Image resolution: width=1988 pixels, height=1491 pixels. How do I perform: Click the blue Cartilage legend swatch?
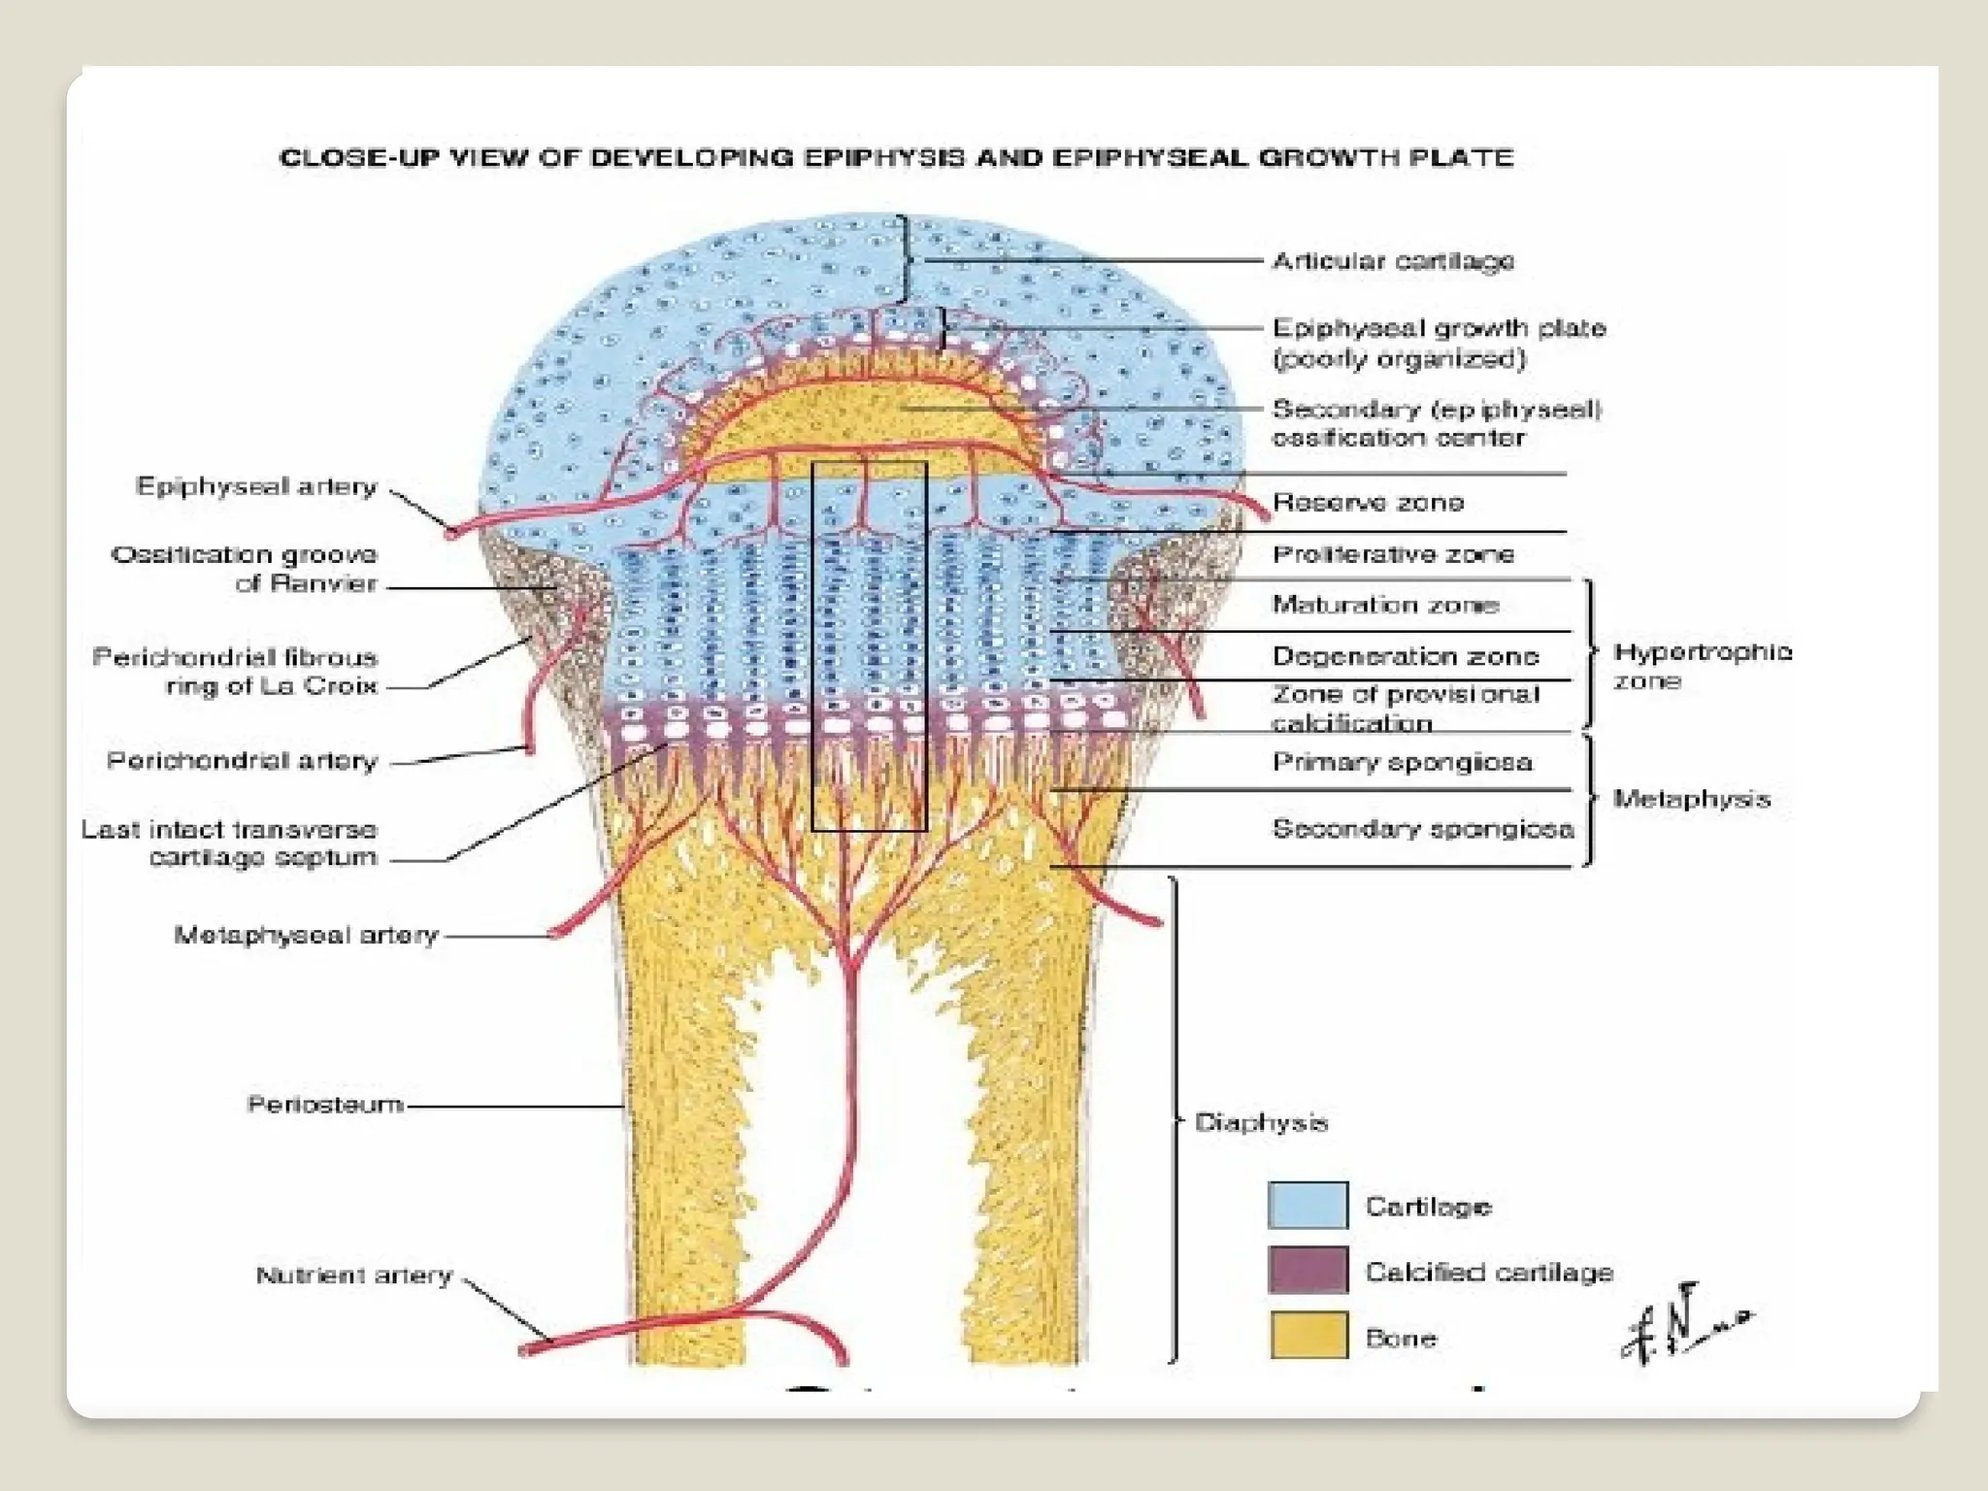coord(1308,1205)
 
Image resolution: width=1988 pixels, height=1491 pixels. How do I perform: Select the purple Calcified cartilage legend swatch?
coord(1308,1270)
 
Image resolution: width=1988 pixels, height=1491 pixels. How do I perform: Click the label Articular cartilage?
coord(1393,261)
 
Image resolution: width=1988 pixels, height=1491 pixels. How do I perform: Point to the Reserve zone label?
coord(1368,502)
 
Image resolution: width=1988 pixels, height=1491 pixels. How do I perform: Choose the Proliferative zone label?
coord(1393,554)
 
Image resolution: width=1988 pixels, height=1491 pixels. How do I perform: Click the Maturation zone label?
coord(1385,605)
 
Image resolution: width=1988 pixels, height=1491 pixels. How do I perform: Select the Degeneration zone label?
coord(1405,656)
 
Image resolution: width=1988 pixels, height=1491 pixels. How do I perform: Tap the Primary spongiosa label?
coord(1403,762)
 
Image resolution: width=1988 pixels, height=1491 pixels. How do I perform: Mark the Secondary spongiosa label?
coord(1422,829)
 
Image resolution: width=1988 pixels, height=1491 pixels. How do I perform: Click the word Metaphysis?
coord(1691,799)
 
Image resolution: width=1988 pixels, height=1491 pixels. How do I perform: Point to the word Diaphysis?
coord(1261,1122)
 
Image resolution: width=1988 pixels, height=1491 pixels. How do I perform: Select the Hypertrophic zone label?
coord(1702,665)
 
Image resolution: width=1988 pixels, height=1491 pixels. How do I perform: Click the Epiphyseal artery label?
coord(256,486)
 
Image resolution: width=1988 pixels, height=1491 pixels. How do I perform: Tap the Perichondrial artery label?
coord(242,760)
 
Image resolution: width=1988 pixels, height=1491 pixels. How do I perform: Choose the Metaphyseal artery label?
coord(306,935)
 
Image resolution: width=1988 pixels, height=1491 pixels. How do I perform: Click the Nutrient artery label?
coord(354,1275)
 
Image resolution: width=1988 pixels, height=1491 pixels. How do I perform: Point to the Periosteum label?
coord(325,1105)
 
